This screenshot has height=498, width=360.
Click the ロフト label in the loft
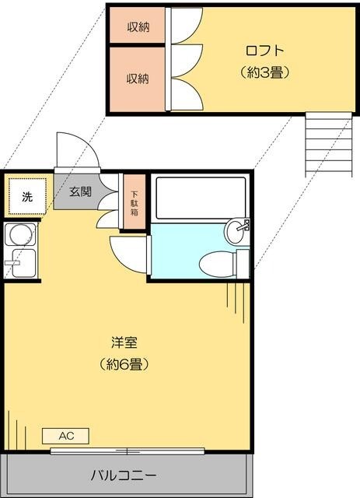pyautogui.click(x=264, y=51)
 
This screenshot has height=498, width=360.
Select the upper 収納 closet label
pyautogui.click(x=138, y=26)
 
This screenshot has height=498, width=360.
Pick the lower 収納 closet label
pyautogui.click(x=138, y=79)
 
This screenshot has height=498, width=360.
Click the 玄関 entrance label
pyautogui.click(x=80, y=191)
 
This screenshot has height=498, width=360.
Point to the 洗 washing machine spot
pyautogui.click(x=27, y=198)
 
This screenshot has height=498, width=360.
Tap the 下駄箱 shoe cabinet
pyautogui.click(x=135, y=203)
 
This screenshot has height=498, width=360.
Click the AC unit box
pyautogui.click(x=66, y=435)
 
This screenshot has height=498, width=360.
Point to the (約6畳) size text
pyautogui.click(x=124, y=363)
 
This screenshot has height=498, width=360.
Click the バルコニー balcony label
pyautogui.click(x=124, y=474)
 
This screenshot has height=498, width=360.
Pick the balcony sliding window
pyautogui.click(x=128, y=451)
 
